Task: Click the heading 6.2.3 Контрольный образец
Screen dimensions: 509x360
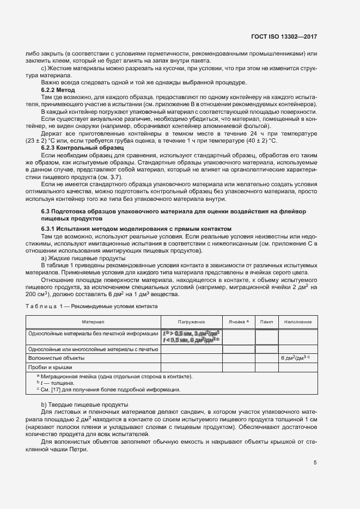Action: tap(83, 148)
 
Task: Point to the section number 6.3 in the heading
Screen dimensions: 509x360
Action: tap(47, 196)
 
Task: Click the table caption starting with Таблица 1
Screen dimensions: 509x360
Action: tap(92, 306)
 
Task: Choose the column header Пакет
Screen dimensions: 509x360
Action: tap(267, 322)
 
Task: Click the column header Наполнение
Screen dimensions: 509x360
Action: tap(297, 322)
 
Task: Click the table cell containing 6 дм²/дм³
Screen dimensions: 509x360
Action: tap(295, 358)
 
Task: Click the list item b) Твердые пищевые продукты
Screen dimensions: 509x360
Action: tap(85, 404)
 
